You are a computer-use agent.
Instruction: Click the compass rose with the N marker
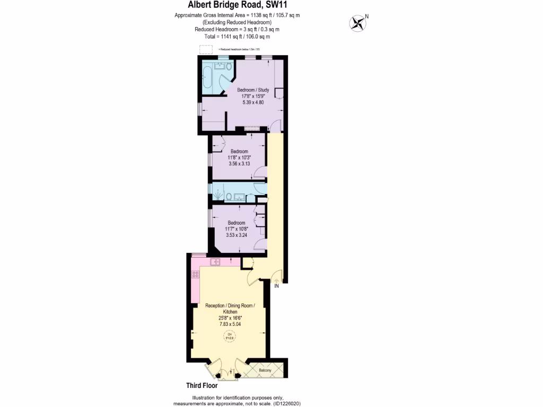point(358,22)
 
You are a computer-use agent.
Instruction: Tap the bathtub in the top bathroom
point(207,76)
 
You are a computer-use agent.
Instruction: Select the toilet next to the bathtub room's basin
point(229,67)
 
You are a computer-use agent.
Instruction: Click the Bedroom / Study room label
point(253,90)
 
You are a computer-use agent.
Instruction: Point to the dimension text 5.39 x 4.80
point(253,102)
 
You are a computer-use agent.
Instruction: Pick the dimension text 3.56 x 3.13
point(239,164)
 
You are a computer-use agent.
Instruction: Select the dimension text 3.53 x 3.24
point(237,235)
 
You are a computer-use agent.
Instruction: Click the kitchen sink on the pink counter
point(215,262)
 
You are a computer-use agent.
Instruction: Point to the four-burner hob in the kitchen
point(195,275)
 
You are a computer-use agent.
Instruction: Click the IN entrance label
point(276,286)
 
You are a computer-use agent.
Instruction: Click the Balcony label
point(265,370)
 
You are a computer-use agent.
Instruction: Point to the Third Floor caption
point(202,386)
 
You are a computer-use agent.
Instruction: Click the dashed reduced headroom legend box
point(204,49)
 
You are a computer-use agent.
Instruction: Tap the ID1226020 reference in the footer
point(287,403)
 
